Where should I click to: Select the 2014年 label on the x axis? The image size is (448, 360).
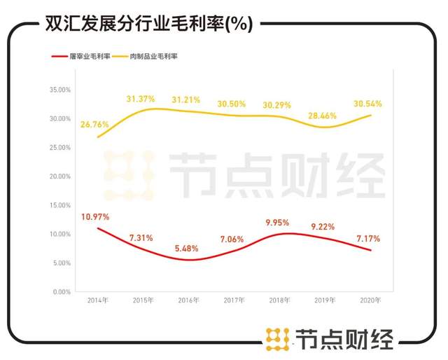(97, 300)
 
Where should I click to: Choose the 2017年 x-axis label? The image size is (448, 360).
(234, 300)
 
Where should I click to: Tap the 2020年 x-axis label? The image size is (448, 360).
(370, 300)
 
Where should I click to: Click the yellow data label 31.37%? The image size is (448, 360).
(142, 99)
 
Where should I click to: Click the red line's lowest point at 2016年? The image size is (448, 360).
(188, 260)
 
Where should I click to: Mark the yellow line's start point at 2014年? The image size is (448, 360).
(97, 137)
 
